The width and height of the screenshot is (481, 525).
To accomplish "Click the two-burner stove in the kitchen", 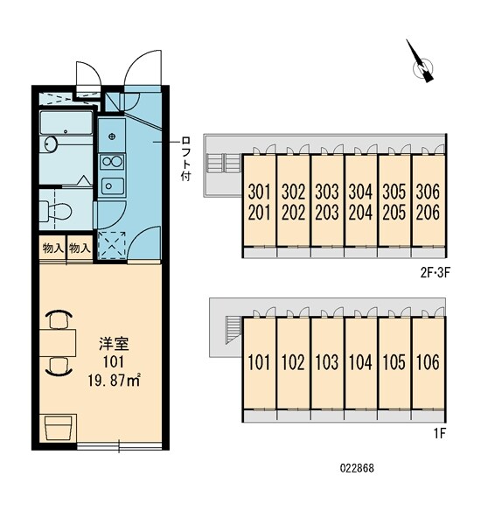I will [111, 161].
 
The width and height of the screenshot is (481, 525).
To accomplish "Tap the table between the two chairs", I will [59, 342].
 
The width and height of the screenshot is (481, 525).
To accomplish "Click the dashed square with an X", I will [112, 244].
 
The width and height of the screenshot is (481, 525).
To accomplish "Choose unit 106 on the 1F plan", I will [428, 362].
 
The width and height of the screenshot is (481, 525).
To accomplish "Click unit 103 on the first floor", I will [326, 362].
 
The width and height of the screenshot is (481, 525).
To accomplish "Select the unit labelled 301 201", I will [258, 202].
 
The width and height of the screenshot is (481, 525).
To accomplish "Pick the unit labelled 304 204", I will [360, 202].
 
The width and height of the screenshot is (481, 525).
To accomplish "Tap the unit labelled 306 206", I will [428, 202].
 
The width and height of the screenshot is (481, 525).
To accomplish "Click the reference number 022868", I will [356, 493].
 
